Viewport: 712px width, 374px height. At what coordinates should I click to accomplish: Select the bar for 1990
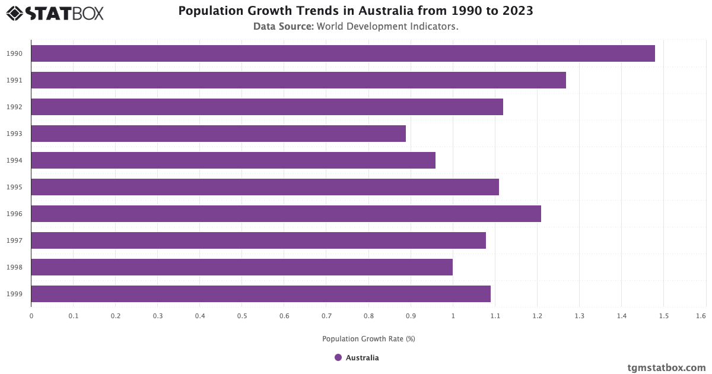coord(343,53)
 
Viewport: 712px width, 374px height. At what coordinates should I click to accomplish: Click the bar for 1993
coord(218,134)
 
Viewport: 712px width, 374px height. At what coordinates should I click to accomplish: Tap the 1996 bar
coord(286,214)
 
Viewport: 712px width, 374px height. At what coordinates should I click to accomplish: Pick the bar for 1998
coord(241,267)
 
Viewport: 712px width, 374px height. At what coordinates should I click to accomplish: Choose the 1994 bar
coord(233,160)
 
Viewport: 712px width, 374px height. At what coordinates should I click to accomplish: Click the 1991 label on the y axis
coord(14,80)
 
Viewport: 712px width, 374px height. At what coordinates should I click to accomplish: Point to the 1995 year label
coord(14,187)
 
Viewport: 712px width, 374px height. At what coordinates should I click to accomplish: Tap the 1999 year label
coord(14,294)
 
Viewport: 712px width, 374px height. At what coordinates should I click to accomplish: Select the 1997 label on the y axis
coord(14,240)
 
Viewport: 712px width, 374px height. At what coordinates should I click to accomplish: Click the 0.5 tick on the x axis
coord(241,316)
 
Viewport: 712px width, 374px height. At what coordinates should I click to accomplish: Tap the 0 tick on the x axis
coord(31,316)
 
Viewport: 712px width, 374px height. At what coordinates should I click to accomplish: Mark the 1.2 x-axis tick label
coord(537,316)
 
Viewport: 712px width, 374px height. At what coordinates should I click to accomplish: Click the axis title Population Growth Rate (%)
coord(368,339)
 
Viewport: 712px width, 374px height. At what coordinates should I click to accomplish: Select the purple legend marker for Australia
coord(338,357)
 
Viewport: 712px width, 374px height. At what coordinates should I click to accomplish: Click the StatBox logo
coord(55,13)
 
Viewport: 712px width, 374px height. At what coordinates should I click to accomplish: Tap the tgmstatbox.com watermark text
coord(666,367)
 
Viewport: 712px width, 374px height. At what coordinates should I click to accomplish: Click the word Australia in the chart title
coord(384,11)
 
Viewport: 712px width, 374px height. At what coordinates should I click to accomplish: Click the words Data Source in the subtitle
coord(283,26)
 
